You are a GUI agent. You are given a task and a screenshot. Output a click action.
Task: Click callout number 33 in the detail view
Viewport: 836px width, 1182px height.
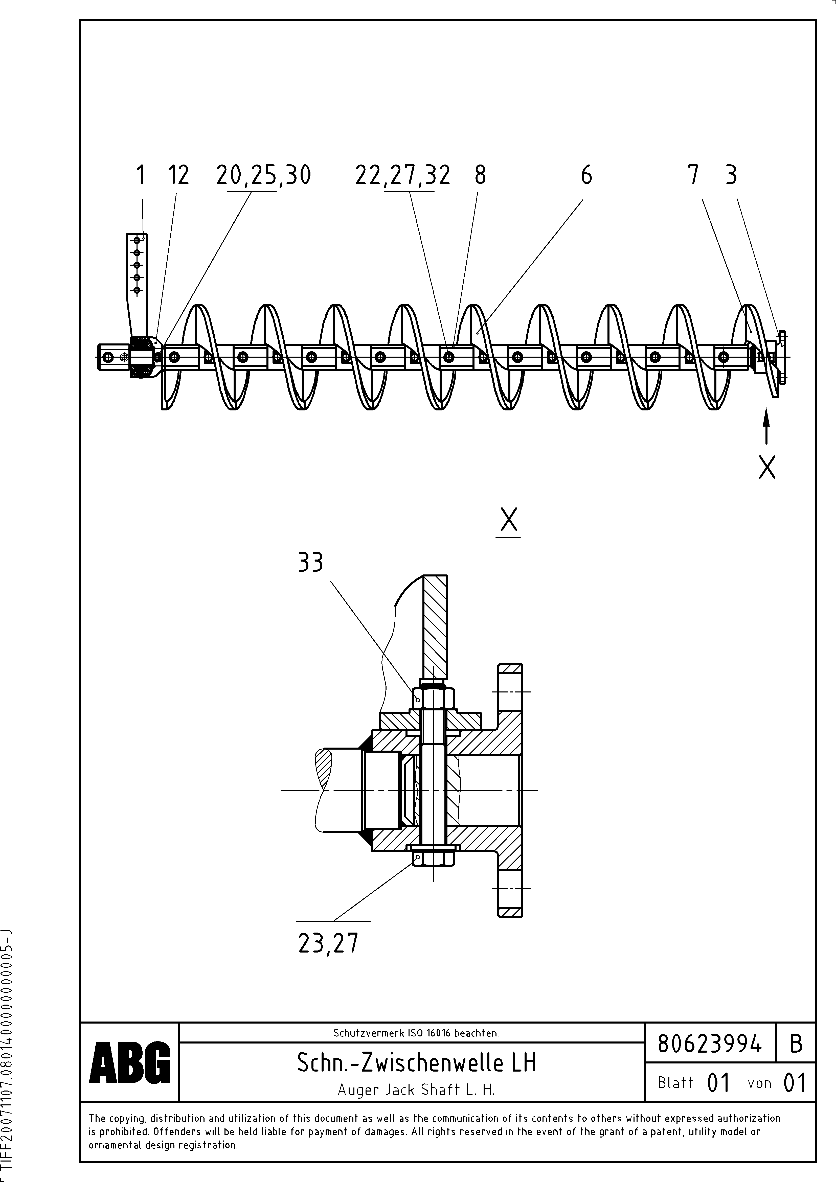(x=311, y=562)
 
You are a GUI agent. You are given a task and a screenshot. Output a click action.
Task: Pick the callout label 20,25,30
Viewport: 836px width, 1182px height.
(x=263, y=176)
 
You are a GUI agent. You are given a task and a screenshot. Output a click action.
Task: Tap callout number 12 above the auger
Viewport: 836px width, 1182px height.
(x=178, y=176)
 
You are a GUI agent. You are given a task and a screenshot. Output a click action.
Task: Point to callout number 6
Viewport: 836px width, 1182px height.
(x=586, y=176)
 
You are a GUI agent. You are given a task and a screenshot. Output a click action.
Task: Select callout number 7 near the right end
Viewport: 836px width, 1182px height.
(x=693, y=176)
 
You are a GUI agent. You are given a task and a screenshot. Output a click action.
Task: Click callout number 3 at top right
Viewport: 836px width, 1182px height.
(x=731, y=176)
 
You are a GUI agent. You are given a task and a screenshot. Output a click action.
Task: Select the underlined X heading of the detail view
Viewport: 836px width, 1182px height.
(x=508, y=520)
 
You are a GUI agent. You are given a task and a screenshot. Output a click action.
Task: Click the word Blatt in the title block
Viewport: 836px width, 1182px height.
(x=675, y=1083)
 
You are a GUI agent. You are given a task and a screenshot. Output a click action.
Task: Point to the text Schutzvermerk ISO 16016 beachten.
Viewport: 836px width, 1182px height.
(x=416, y=1033)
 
